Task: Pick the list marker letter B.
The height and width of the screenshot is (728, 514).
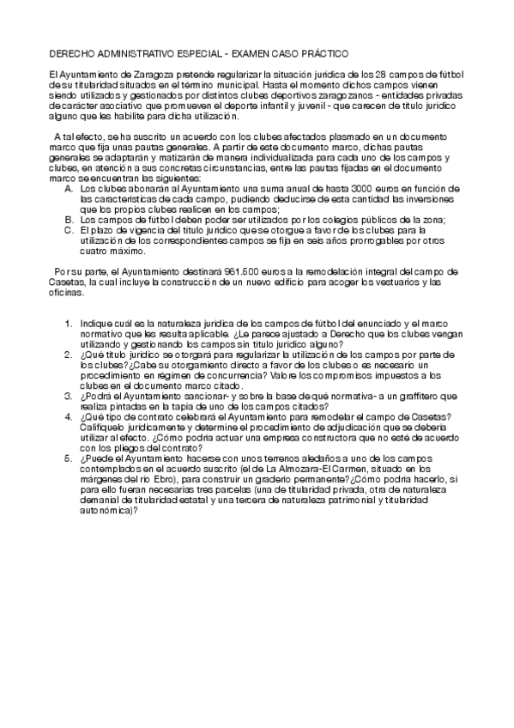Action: [69, 220]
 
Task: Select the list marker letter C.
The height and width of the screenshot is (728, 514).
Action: [69, 230]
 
